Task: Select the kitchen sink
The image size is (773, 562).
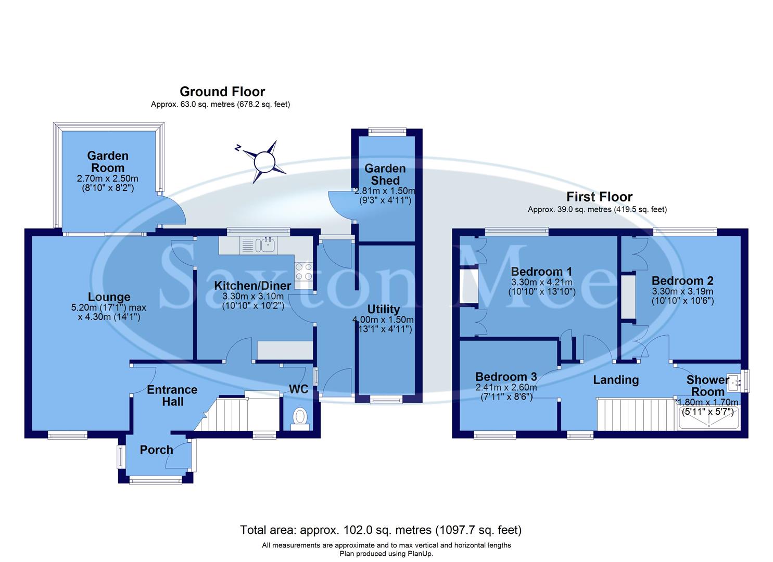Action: point(268,245)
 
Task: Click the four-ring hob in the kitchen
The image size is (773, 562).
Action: point(303,272)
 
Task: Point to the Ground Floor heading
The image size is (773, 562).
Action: point(222,92)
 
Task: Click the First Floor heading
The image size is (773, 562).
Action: point(599,197)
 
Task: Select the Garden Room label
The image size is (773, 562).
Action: point(108,161)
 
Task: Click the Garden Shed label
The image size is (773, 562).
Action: point(385,174)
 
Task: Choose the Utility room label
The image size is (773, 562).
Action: point(384,309)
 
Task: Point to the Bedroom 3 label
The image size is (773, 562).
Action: point(505,377)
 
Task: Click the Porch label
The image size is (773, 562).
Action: point(156,450)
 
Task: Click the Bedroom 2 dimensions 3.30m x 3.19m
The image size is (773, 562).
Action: point(682,291)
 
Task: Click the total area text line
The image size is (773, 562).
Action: point(381,530)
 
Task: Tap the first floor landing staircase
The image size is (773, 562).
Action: point(635,414)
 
